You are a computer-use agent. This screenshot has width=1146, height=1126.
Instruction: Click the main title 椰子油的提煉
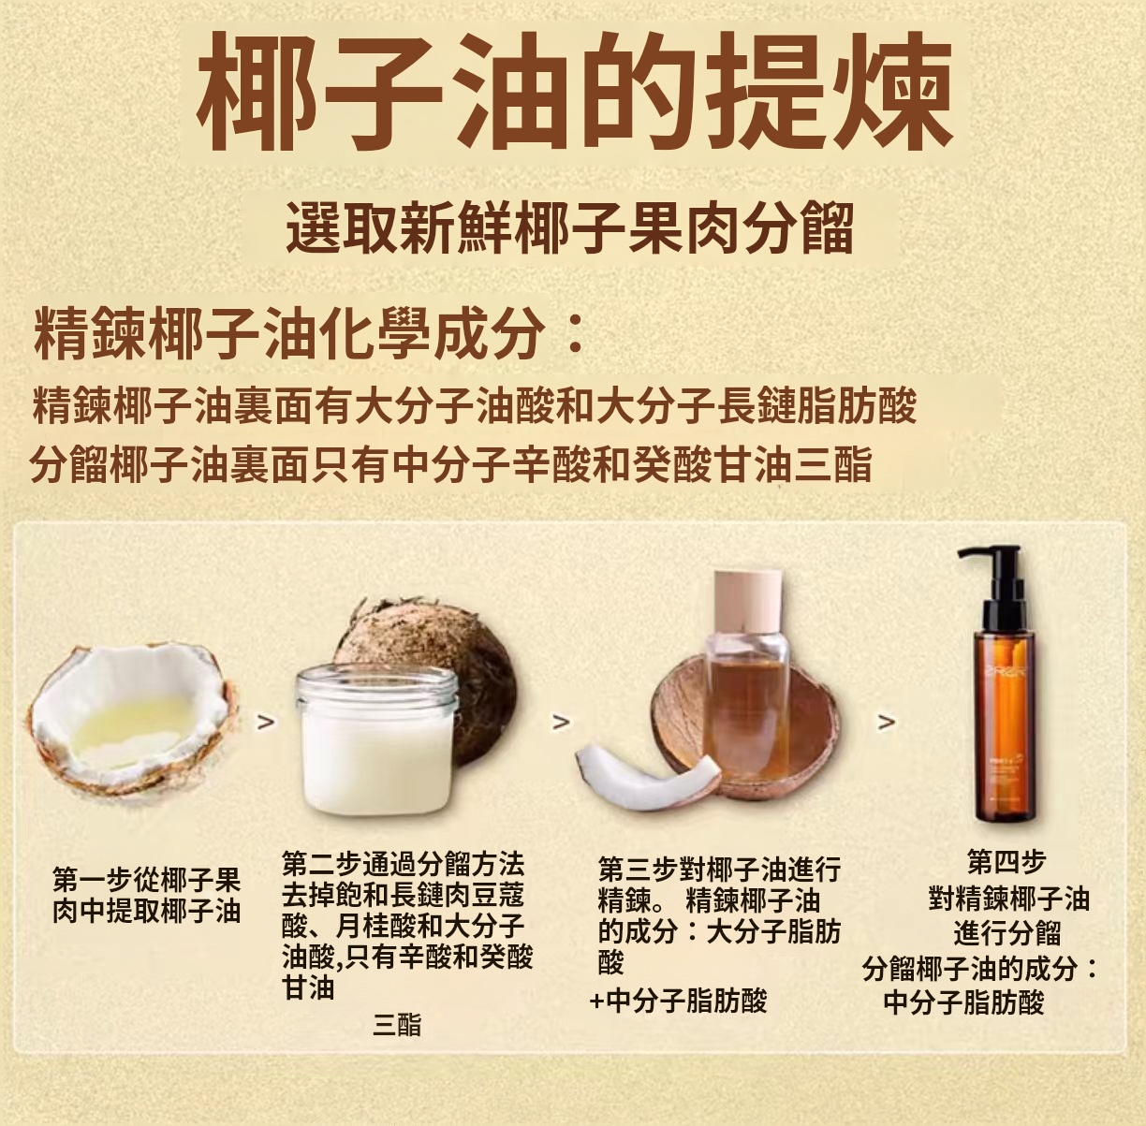[575, 92]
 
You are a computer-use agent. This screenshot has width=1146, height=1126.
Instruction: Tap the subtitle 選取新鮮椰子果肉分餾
[570, 227]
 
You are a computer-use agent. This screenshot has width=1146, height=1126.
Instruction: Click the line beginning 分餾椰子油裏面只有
[451, 464]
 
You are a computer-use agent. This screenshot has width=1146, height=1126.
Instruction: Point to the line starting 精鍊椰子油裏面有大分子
[474, 406]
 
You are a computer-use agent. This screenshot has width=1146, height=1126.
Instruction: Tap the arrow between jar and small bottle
[561, 722]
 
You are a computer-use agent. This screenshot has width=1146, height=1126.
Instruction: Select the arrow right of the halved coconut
[266, 722]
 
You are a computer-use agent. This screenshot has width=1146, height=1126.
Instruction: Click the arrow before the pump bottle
[886, 722]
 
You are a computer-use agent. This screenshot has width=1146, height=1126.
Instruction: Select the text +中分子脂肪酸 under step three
[678, 1001]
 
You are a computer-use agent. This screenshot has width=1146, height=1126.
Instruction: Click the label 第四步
[1006, 861]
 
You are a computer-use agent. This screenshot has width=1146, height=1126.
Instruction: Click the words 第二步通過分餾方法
[404, 864]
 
